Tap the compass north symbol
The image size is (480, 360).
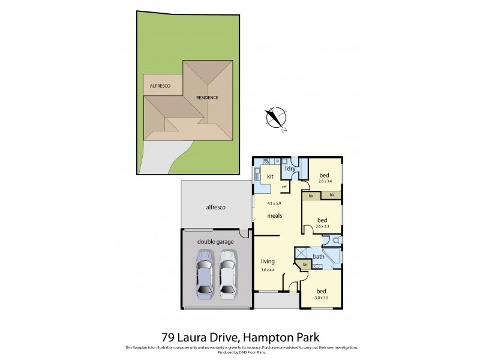277,118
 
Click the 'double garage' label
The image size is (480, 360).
215,242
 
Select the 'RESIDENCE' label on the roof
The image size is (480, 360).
207,97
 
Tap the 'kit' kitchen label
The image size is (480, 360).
270,176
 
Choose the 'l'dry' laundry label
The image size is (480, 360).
290,169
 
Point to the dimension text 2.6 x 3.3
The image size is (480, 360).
323,226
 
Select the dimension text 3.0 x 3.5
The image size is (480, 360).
322,298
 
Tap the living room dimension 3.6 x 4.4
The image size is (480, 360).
268,271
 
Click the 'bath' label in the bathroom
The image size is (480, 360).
319,257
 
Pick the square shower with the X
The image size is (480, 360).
301,253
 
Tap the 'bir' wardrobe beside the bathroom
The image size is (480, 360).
305,265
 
